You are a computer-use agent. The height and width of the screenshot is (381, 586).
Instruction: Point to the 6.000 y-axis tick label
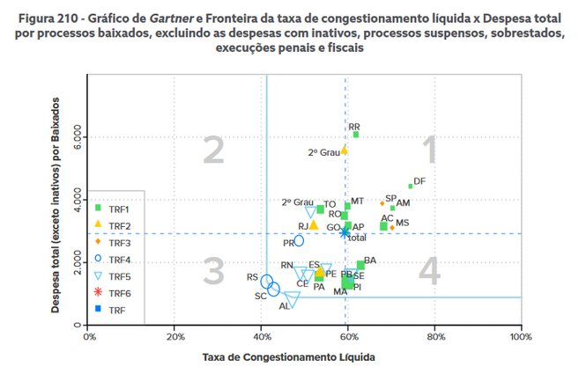(x=70, y=136)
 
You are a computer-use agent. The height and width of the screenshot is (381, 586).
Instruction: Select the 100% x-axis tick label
(x=521, y=336)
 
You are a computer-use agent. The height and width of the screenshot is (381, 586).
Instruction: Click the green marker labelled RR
(x=356, y=135)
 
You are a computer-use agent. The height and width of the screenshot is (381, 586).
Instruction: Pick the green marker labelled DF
(x=411, y=187)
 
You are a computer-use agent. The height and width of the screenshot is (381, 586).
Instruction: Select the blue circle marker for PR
(x=299, y=240)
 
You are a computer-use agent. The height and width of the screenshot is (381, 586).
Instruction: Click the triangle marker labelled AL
(x=292, y=298)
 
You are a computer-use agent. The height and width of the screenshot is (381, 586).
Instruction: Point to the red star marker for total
(x=345, y=232)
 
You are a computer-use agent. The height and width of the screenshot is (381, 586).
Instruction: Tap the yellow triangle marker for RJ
(x=314, y=225)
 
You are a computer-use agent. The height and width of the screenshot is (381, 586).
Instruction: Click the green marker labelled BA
(x=360, y=264)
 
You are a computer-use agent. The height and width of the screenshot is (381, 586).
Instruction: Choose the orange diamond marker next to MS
(x=392, y=228)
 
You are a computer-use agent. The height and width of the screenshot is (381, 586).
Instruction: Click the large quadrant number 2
(x=214, y=151)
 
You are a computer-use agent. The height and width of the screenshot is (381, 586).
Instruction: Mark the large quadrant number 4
(x=429, y=271)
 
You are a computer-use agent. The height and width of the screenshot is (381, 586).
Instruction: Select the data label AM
(x=404, y=203)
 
